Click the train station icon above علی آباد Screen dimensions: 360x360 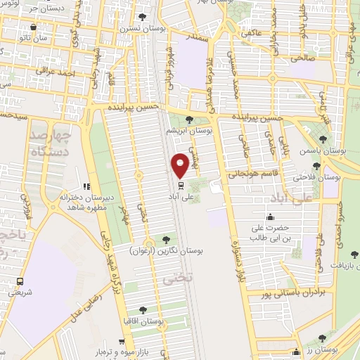pos(181,186)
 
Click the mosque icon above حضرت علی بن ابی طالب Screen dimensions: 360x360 pos(270,217)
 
